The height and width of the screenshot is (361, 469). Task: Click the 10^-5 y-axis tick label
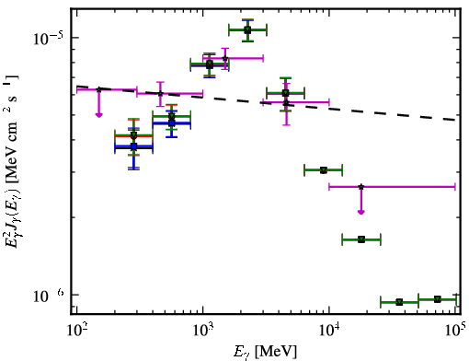click(x=49, y=39)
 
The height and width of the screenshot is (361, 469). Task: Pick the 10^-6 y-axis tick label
click(x=49, y=296)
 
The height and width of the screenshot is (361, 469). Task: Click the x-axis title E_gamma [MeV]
click(x=265, y=352)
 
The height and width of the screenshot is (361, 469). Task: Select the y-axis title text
click(x=12, y=162)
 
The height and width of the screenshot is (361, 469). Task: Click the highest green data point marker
click(x=247, y=29)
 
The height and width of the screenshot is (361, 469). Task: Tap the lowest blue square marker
click(x=133, y=146)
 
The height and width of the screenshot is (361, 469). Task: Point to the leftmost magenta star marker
click(x=98, y=89)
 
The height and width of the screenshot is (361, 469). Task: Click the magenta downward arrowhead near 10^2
click(x=98, y=115)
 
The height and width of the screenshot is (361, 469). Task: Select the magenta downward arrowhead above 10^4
click(x=361, y=212)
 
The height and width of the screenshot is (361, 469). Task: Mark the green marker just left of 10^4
click(x=324, y=169)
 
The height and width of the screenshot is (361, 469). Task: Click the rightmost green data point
click(x=438, y=299)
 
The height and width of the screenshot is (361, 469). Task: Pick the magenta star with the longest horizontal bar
click(x=361, y=186)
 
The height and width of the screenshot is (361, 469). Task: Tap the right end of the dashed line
click(x=455, y=120)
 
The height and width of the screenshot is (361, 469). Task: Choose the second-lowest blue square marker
click(x=172, y=123)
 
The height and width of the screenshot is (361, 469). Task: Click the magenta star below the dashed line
click(x=286, y=103)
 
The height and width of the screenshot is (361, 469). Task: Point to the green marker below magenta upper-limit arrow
click(x=361, y=239)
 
